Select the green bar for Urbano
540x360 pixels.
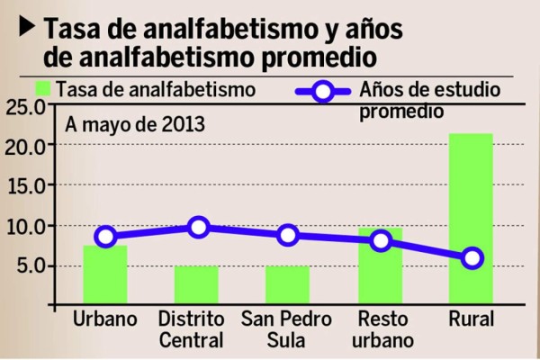coord(105,274)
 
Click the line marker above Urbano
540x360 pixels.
coord(105,237)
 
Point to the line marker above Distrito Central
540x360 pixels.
coord(198,227)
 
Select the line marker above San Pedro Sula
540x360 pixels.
coord(288,235)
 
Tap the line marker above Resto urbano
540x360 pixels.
coord(381,240)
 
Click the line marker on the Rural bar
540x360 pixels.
coord(472,258)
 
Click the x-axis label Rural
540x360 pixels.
coord(472,320)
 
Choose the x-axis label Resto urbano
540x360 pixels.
coord(384,329)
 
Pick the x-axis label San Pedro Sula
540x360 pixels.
coord(287,329)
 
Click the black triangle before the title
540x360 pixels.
coord(28,27)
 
